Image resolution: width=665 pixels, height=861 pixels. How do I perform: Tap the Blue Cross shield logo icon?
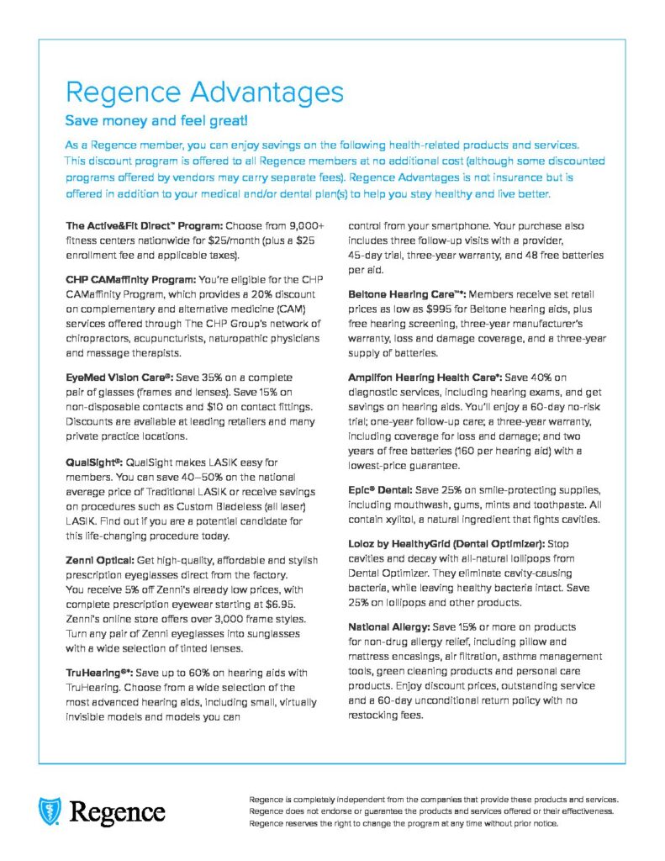[x=50, y=811]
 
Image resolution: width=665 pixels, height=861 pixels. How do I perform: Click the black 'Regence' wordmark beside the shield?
[x=118, y=812]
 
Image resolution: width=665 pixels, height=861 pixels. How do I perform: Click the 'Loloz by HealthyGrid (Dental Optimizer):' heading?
[x=446, y=543]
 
